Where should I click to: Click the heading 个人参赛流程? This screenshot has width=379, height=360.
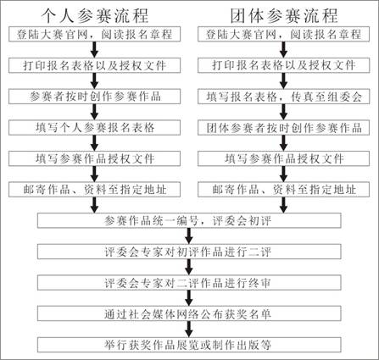coord(95,16)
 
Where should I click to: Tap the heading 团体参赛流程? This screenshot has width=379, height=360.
coord(284,16)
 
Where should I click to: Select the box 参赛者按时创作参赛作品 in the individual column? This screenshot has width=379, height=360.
coord(94,97)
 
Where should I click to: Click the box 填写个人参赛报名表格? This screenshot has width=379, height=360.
coord(94,128)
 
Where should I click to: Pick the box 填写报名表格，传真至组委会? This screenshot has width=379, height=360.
coord(284,97)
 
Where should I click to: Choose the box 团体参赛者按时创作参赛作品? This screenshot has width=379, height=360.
coord(284,128)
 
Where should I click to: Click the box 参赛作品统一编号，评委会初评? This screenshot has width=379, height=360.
coord(189,220)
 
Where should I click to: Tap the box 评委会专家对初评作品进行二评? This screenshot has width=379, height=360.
coord(189,252)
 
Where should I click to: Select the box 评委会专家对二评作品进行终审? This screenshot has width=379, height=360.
coord(189,283)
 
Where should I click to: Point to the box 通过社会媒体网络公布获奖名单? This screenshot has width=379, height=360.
coord(189,313)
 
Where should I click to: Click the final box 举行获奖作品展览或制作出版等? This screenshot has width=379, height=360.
coord(189,345)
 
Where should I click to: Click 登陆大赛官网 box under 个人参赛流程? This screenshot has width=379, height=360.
coord(94,34)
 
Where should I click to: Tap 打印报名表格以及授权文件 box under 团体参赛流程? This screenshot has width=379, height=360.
coord(284,65)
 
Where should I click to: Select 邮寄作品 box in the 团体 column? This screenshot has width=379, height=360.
coord(284,190)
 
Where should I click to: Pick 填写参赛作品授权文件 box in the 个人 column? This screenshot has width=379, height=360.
coord(94,158)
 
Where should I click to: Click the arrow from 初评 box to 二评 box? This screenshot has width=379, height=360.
coord(189,236)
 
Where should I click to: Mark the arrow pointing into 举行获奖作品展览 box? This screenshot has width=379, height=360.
coord(189,330)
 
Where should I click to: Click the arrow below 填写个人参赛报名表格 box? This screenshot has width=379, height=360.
coord(95,143)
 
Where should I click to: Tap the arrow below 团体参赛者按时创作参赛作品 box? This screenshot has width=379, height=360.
coord(283,143)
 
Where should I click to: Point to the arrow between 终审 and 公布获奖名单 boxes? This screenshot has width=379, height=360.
coord(189,298)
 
